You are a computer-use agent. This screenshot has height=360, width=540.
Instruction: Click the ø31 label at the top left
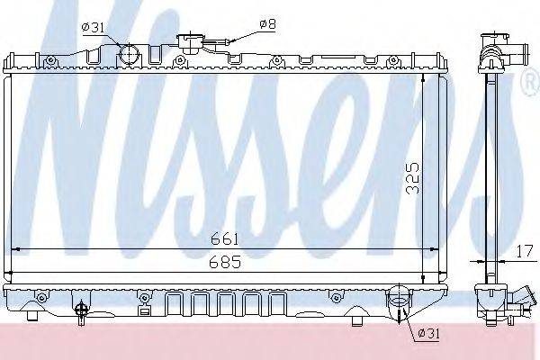click(x=93, y=27)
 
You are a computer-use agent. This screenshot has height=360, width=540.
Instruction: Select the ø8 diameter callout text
click(x=267, y=23)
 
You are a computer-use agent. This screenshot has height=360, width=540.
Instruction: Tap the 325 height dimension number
click(x=412, y=178)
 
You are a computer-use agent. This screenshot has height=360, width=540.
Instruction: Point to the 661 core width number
click(x=224, y=238)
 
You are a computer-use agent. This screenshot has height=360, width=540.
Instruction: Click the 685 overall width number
click(x=225, y=263)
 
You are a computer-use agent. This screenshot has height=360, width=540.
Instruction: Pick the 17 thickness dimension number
click(x=526, y=252)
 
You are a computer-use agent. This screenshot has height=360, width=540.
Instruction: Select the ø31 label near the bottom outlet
click(x=428, y=334)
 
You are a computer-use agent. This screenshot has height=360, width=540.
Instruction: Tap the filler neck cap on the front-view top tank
click(x=189, y=42)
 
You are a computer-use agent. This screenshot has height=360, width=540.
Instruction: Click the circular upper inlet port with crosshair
click(x=130, y=54)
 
